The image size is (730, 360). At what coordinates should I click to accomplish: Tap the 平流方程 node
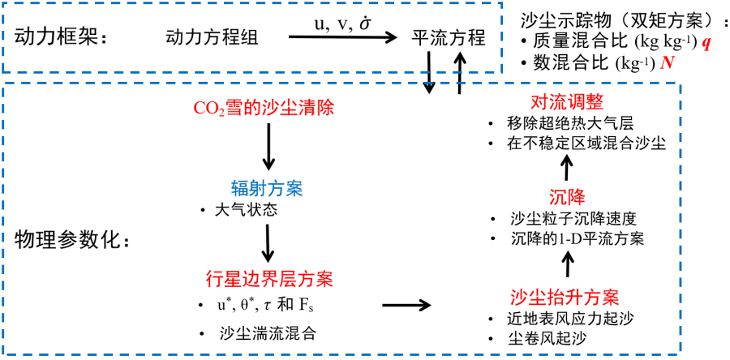tap(449, 37)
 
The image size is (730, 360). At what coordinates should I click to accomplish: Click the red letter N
tap(668, 64)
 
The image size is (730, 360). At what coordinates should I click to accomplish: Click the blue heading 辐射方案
tap(267, 189)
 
